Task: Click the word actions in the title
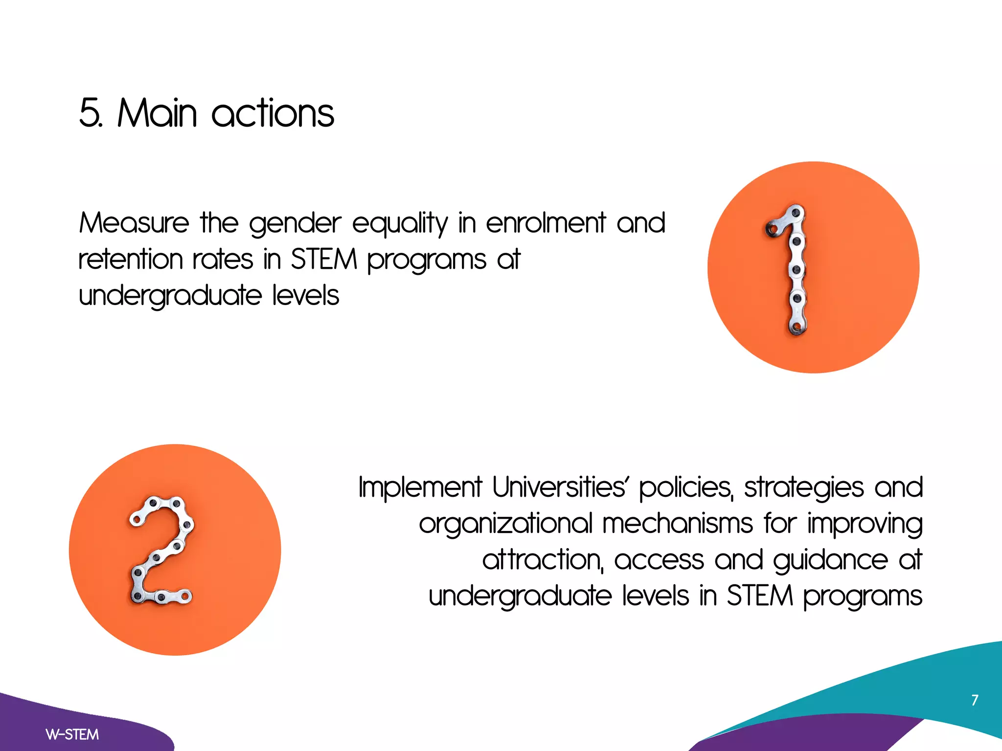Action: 273,113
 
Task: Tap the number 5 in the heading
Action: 89,113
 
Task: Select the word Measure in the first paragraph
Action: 134,223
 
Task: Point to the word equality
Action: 400,224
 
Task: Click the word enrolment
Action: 546,223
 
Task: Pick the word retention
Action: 130,259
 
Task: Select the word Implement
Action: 420,488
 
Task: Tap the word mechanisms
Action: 677,523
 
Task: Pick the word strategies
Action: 804,488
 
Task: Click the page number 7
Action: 975,700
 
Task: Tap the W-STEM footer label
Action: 72,734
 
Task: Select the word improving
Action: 865,524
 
